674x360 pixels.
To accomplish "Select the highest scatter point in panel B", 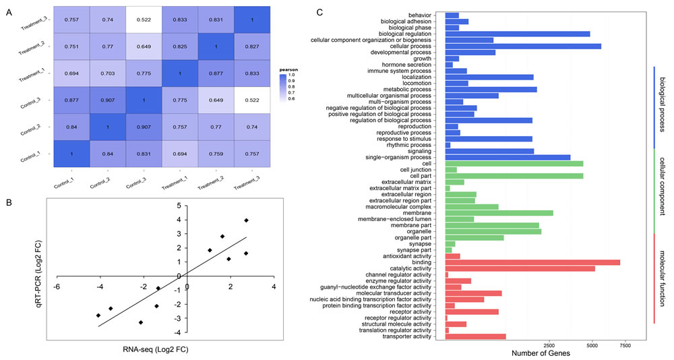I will tap(247, 220).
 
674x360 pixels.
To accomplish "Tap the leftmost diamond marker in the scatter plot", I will tap(98, 316).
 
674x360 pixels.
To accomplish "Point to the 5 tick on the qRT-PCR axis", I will tap(179, 206).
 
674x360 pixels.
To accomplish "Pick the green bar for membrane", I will tap(499, 213).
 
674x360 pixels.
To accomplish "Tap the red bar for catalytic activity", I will tap(520, 268).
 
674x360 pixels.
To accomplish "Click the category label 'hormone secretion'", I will tap(406, 64).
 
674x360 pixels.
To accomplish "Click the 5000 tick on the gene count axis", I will tap(591, 344).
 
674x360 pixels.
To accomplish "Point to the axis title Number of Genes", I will tap(541, 353).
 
